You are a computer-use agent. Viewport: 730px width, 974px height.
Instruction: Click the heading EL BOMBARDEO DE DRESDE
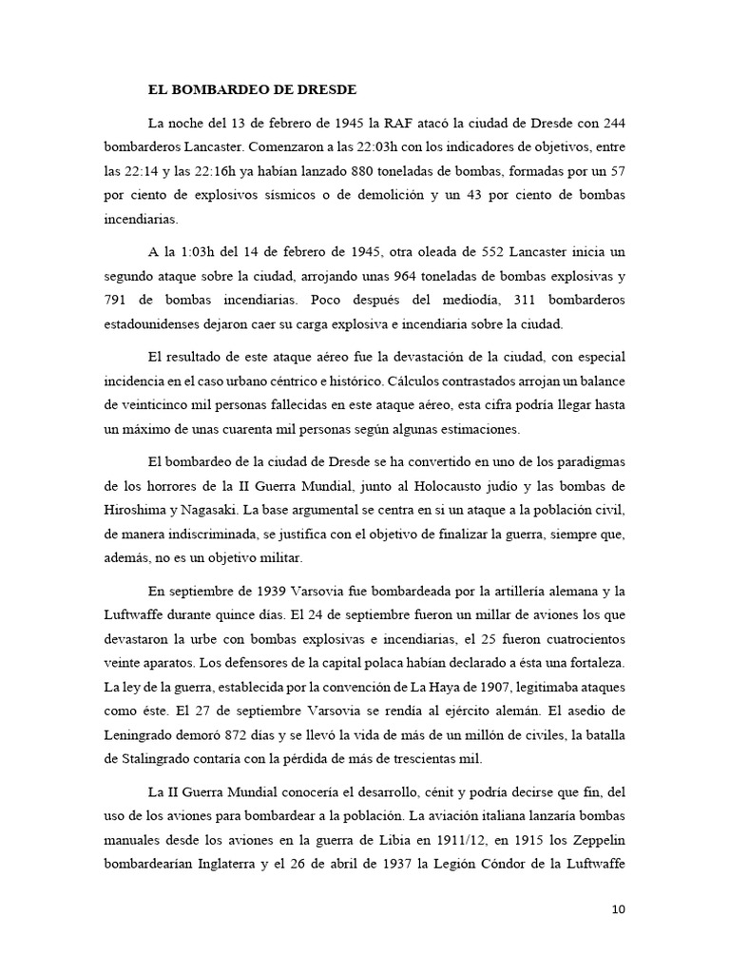[x=251, y=91]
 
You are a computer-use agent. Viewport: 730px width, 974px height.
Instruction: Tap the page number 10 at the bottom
[x=619, y=909]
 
